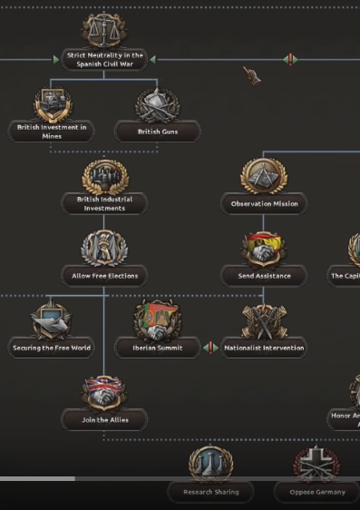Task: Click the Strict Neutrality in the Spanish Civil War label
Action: (104, 60)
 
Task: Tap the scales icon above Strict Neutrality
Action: (104, 29)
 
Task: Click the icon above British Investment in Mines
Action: (53, 103)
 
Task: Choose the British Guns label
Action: (158, 132)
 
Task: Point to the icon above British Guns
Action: (158, 104)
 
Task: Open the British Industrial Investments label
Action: (104, 203)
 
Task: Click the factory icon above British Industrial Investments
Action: (104, 175)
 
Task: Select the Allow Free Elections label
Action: (104, 275)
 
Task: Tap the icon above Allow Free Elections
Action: (104, 247)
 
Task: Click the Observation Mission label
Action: (264, 204)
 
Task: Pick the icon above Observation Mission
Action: (264, 175)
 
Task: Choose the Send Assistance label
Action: (264, 275)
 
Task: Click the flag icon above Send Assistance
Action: (264, 247)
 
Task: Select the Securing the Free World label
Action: (52, 348)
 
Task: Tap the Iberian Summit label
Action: (158, 348)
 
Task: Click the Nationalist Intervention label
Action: (264, 348)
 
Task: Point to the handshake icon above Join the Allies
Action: (104, 392)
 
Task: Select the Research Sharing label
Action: (210, 492)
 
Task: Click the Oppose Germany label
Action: (316, 492)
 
